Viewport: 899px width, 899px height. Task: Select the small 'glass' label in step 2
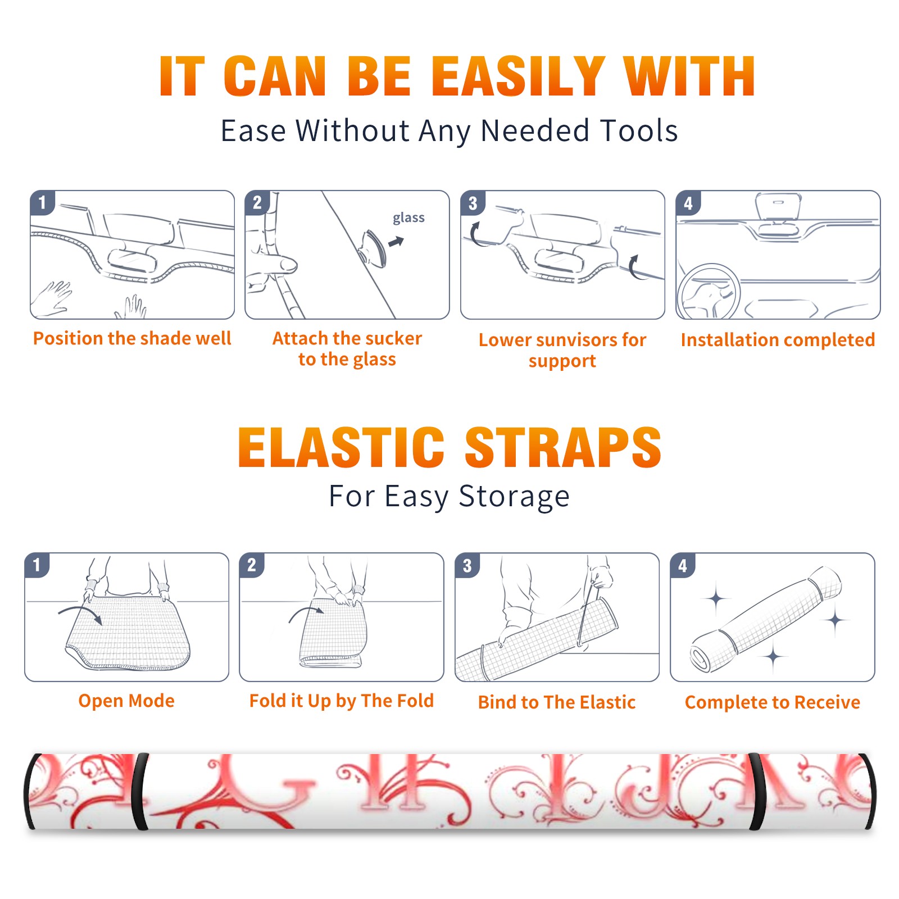pyautogui.click(x=408, y=218)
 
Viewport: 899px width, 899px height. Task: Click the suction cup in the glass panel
pyautogui.click(x=373, y=248)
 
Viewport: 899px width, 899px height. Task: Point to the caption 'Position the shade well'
pyautogui.click(x=132, y=338)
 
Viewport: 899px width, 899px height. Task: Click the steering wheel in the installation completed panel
pyautogui.click(x=709, y=292)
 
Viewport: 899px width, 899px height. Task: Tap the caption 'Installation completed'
pyautogui.click(x=778, y=340)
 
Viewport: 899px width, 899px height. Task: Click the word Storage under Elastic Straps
pyautogui.click(x=514, y=497)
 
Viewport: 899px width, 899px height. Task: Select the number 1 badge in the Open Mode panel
pyautogui.click(x=37, y=565)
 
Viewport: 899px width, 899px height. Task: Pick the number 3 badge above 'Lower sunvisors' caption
pyautogui.click(x=473, y=203)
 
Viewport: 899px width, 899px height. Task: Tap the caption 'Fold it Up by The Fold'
pyautogui.click(x=341, y=701)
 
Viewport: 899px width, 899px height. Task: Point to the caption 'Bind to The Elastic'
pyautogui.click(x=556, y=702)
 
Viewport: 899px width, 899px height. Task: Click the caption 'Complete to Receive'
pyautogui.click(x=772, y=702)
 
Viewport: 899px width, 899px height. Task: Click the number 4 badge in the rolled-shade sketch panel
pyautogui.click(x=683, y=565)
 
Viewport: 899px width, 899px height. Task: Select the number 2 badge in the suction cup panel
pyautogui.click(x=257, y=202)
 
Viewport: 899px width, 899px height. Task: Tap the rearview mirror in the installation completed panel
pyautogui.click(x=778, y=206)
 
